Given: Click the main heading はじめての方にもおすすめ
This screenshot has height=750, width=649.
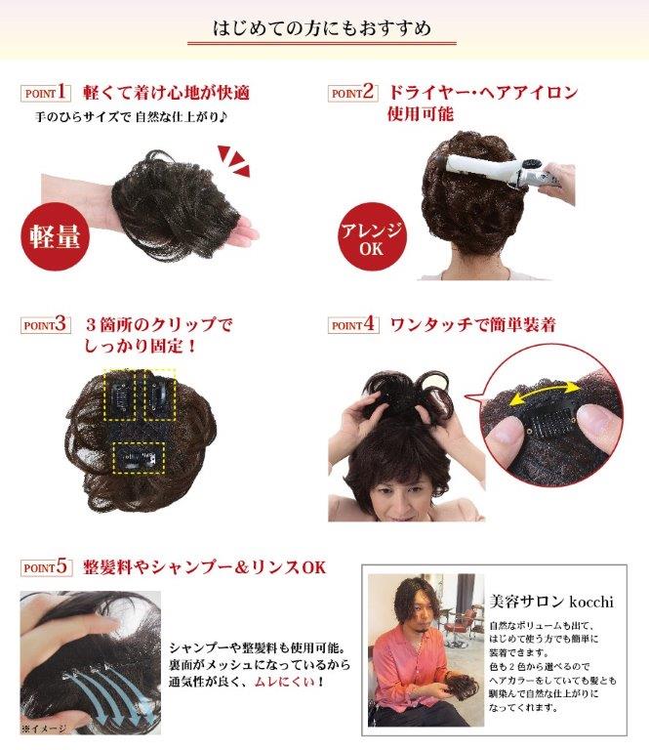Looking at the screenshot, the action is pos(322,27).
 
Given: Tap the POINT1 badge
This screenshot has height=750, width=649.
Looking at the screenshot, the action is pos(46,93).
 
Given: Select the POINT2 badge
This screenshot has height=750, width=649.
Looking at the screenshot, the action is pos(352,93).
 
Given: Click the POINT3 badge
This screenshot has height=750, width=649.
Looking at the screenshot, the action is pos(46,325).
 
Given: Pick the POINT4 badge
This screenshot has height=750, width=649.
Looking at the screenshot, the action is pos(353,325).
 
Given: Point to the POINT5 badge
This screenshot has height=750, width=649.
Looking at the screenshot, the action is pos(46,567).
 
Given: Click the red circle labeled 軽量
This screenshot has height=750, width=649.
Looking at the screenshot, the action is pos(55,236).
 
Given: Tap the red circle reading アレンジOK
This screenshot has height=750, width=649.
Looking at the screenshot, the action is pos(371,237).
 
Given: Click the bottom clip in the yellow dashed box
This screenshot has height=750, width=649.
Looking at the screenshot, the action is pos(139,458).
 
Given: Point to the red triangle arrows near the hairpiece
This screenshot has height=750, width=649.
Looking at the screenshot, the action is pos(233,161).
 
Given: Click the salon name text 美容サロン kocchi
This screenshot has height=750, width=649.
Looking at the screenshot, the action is pos(551,602).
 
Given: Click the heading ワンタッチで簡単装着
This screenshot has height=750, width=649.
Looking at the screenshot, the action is pos(472,325).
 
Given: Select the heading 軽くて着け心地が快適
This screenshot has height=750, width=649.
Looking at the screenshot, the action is pos(166,93).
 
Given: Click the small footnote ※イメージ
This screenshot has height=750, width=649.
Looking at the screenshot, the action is pos(44,729).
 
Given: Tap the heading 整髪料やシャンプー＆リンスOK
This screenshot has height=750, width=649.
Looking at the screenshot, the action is pos(205,567).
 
